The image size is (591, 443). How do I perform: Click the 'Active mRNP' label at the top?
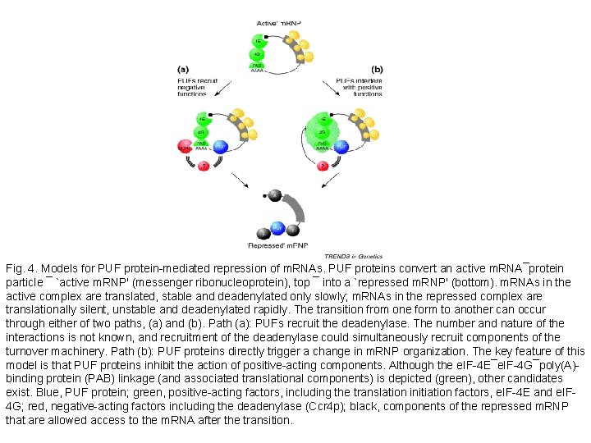click(278, 25)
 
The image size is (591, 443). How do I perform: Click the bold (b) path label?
click(377, 70)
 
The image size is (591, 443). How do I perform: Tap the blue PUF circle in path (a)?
click(220, 147)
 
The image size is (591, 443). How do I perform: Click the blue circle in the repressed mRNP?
click(278, 227)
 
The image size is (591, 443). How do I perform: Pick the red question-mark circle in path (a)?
click(201, 167)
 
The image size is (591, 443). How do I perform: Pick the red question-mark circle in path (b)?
click(323, 167)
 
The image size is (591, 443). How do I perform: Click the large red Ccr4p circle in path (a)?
click(185, 147)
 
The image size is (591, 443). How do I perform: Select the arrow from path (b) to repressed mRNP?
click(319, 182)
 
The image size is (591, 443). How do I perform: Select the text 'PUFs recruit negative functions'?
click(197, 87)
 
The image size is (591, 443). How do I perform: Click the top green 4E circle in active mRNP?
click(257, 40)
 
